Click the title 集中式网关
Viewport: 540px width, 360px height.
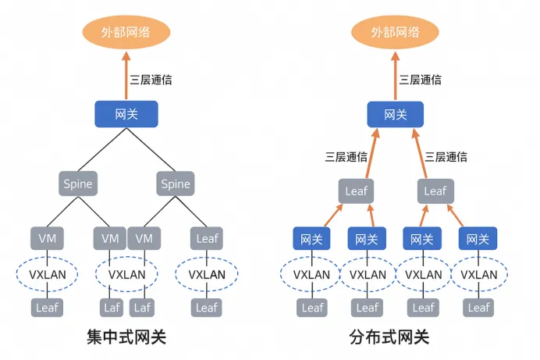[126, 338]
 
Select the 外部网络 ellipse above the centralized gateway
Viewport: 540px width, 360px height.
[126, 33]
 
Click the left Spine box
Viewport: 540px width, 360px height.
[78, 184]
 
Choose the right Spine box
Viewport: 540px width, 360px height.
[175, 184]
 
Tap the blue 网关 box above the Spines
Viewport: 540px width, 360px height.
[126, 114]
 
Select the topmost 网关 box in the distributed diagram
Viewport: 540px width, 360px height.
[396, 114]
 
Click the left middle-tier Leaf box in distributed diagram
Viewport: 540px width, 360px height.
[356, 191]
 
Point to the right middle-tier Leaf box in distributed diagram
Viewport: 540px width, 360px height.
[435, 191]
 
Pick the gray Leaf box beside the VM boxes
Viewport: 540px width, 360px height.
[207, 237]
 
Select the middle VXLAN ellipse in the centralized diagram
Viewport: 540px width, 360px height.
[126, 274]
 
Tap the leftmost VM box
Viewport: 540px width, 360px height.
[47, 237]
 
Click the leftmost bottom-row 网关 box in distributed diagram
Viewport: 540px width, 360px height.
[312, 238]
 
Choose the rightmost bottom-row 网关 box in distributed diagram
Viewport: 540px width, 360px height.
[478, 238]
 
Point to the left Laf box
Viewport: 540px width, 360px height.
[112, 308]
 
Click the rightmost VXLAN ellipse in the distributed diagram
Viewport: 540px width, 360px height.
[478, 274]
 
